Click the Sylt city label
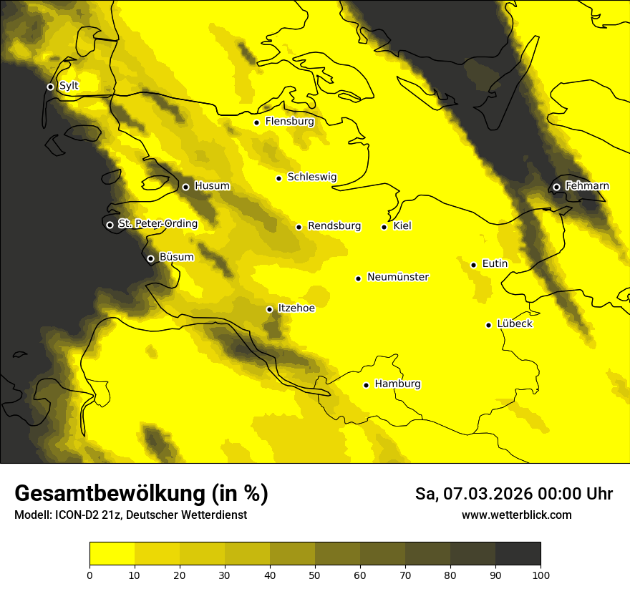[69, 86]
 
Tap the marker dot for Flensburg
[256, 122]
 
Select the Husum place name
[212, 186]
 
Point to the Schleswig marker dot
[278, 178]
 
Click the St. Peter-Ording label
[157, 224]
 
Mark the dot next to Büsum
[150, 259]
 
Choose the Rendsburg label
[334, 226]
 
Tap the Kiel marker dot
[384, 227]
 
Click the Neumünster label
[398, 277]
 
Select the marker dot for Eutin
[473, 265]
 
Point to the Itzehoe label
[296, 308]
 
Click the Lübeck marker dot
[489, 325]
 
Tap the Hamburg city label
[397, 384]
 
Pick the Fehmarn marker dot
[556, 187]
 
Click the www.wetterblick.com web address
[516, 515]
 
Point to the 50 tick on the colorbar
[315, 575]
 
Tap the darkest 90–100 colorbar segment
[518, 554]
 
